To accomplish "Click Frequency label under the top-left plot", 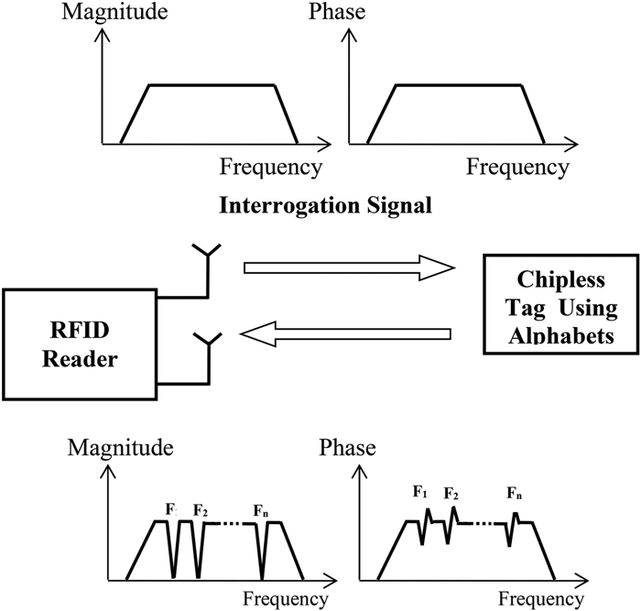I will pyautogui.click(x=271, y=167).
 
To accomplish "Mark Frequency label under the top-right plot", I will pyautogui.click(x=517, y=167).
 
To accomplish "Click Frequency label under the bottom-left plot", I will pyautogui.click(x=284, y=600).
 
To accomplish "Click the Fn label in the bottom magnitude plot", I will pyautogui.click(x=265, y=509).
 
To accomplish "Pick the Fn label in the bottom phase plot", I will pyautogui.click(x=515, y=494).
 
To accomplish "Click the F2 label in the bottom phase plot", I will pyautogui.click(x=451, y=494).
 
